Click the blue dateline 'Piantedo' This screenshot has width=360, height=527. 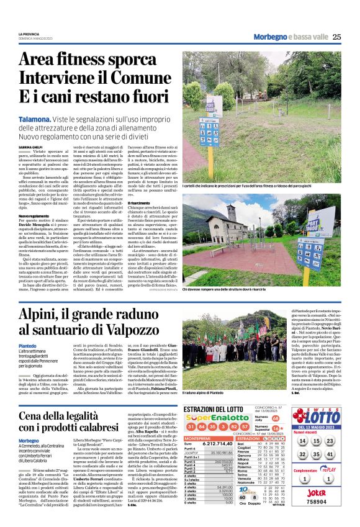[x=28, y=364]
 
